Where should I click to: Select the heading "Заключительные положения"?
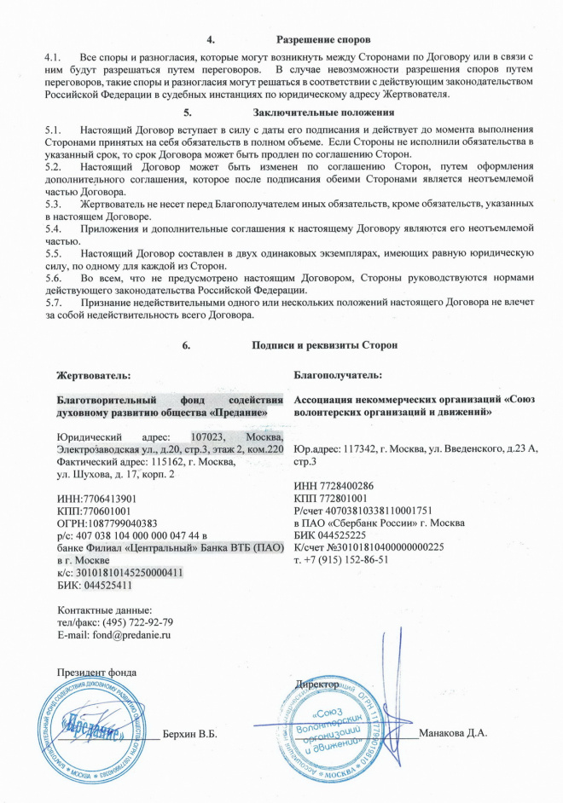[310, 111]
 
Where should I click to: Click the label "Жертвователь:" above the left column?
[94, 374]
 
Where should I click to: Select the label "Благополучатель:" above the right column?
[337, 374]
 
